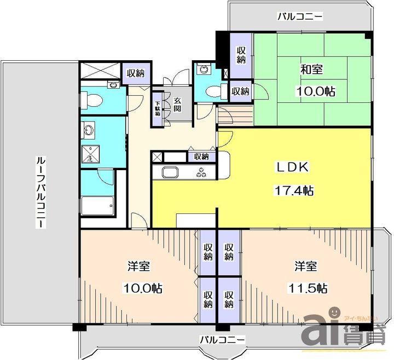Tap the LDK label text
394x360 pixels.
click(293, 167)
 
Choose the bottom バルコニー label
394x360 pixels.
click(222, 340)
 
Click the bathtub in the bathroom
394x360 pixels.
click(97, 206)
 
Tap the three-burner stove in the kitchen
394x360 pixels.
click(201, 172)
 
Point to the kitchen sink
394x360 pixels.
click(170, 173)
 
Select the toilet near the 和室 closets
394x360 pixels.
click(212, 91)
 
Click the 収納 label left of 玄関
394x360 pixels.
click(135, 73)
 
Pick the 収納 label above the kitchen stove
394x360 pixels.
click(201, 156)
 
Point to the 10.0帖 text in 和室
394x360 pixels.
click(316, 91)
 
